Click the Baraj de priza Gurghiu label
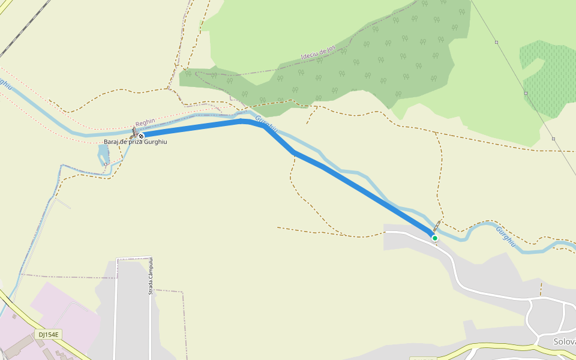coord(135,142)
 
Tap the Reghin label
coord(145,123)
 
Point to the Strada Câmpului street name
coord(151,276)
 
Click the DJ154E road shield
coord(49,334)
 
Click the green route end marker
coord(435,238)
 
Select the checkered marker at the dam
coord(141,136)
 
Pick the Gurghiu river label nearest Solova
coord(505,236)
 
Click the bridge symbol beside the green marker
coord(436,227)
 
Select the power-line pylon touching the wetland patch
coord(526,93)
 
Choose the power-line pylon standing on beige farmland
coord(553,139)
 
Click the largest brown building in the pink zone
coord(18,345)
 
